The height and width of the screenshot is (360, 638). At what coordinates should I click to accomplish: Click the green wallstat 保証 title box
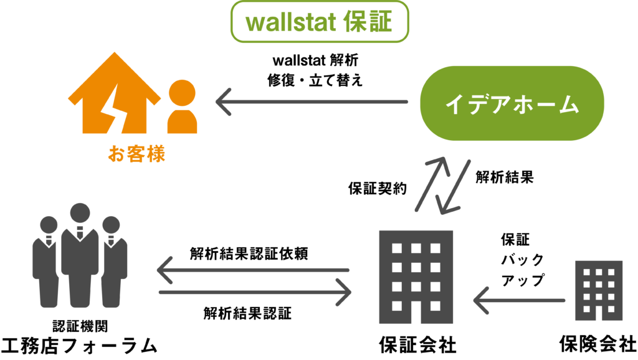click(320, 22)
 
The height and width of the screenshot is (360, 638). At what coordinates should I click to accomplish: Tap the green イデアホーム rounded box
click(512, 103)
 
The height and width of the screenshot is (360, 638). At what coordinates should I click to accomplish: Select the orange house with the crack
click(114, 93)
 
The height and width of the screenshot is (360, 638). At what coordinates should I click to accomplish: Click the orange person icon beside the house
click(182, 107)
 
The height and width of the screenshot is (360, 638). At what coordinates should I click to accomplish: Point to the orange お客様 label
click(136, 154)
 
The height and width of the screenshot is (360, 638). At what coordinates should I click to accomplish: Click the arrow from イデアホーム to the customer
click(312, 102)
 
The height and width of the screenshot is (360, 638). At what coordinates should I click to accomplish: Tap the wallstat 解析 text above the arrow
click(315, 60)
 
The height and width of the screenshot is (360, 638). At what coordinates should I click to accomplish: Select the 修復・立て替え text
click(315, 80)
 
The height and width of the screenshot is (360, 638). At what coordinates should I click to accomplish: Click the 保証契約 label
click(377, 188)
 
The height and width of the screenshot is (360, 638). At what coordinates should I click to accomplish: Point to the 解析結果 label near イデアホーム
click(505, 177)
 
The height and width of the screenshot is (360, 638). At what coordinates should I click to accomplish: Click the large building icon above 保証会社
click(416, 277)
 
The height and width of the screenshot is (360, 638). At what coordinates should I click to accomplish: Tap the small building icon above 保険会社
click(599, 290)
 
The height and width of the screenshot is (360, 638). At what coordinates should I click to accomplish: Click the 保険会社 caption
click(598, 344)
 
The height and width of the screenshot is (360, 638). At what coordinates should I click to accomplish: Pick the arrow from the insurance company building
click(519, 301)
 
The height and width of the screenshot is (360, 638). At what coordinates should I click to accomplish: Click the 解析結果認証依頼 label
click(249, 253)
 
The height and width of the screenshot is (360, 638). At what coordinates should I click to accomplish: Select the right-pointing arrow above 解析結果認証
click(255, 292)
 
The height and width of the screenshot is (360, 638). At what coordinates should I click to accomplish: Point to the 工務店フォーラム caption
click(79, 346)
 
